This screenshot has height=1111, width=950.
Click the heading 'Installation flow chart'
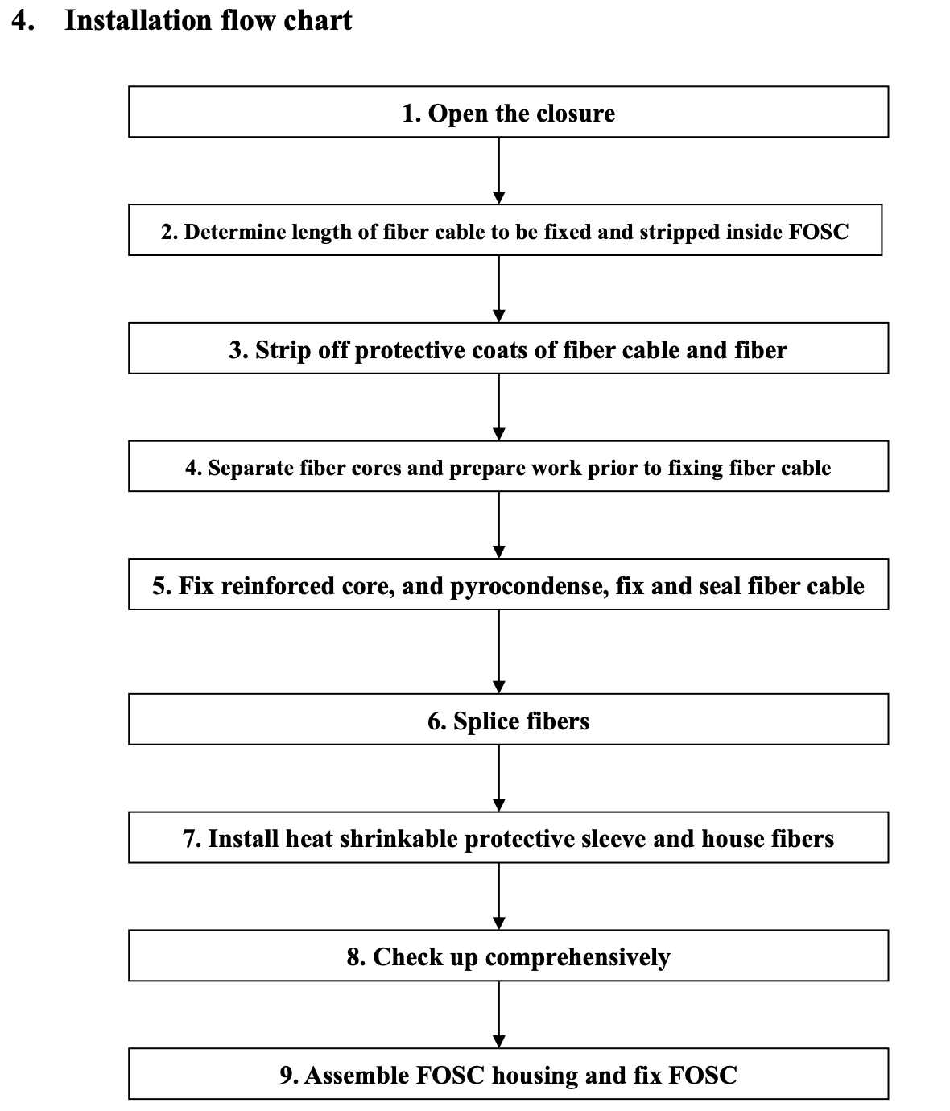tap(208, 20)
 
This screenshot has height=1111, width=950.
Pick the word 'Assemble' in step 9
tap(357, 1076)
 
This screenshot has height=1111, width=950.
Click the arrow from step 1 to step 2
tap(499, 171)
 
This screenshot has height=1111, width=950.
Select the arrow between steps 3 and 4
tap(499, 407)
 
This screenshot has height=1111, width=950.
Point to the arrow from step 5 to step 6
tap(499, 652)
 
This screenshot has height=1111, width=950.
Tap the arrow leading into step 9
tap(499, 1014)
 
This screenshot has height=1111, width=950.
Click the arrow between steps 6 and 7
tap(499, 779)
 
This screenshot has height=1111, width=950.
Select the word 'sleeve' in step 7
tap(613, 839)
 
